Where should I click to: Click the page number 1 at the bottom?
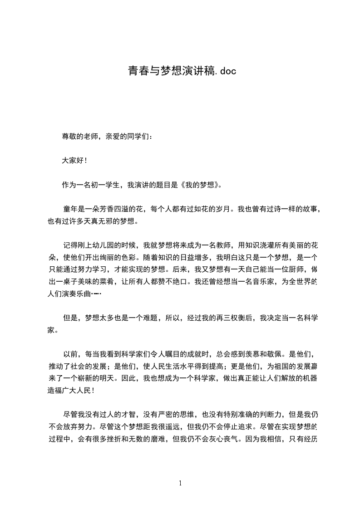point(180,483)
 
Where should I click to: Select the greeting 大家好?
point(73,161)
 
